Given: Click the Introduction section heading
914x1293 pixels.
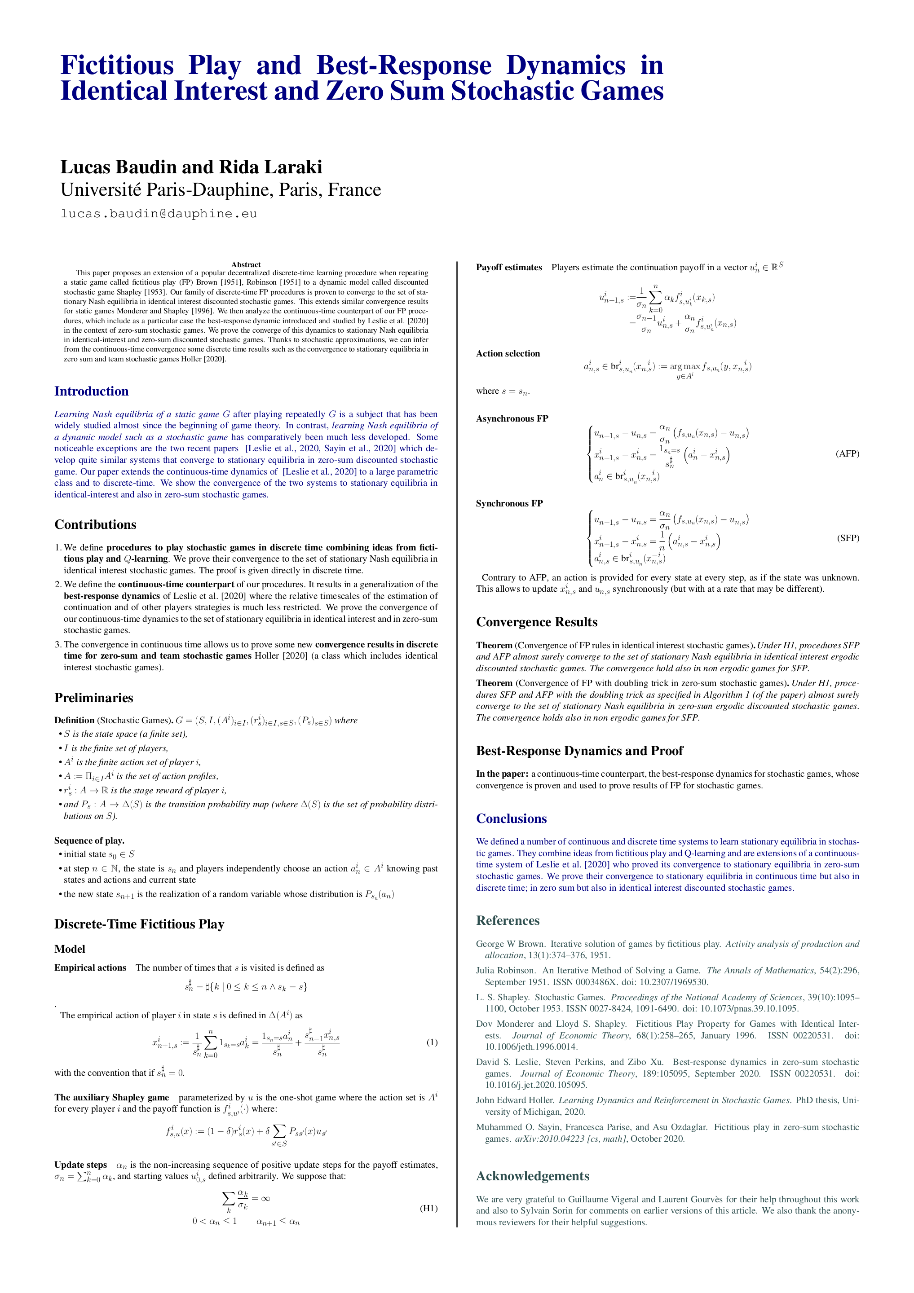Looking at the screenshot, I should pyautogui.click(x=91, y=391).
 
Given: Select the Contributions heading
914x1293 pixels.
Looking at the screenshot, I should pyautogui.click(x=95, y=525).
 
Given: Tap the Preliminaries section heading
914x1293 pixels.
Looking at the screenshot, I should pyautogui.click(x=93, y=698).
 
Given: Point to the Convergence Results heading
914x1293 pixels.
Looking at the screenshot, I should pyautogui.click(x=536, y=622).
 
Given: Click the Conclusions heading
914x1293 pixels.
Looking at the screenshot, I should pyautogui.click(x=511, y=819).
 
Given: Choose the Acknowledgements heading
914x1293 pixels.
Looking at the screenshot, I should pyautogui.click(x=533, y=1176).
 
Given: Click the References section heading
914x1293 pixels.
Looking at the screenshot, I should pyautogui.click(x=508, y=921).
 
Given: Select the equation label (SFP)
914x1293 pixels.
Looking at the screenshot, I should pyautogui.click(x=848, y=538).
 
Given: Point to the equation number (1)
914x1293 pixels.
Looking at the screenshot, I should pyautogui.click(x=432, y=1042).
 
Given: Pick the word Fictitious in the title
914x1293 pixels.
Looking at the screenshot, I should pyautogui.click(x=117, y=66).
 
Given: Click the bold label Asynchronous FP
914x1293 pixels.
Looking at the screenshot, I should pyautogui.click(x=512, y=418).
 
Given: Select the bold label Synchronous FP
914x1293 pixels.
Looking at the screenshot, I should pyautogui.click(x=509, y=503).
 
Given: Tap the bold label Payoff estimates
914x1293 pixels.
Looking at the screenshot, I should pyautogui.click(x=509, y=268).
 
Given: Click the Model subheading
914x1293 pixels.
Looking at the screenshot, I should pyautogui.click(x=70, y=949).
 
